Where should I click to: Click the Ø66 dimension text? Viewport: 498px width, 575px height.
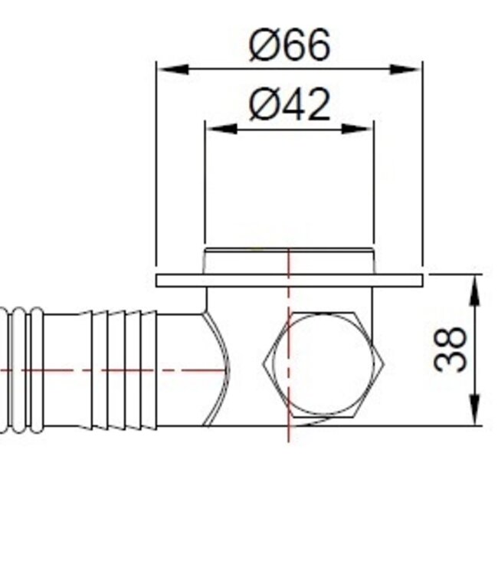[x=290, y=45]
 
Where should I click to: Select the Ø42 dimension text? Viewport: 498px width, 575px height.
[x=290, y=105]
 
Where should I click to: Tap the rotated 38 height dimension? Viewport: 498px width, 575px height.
[x=451, y=350]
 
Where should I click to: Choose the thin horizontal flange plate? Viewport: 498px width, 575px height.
[x=230, y=281]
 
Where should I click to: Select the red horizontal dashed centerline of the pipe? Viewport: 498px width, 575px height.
[x=115, y=370]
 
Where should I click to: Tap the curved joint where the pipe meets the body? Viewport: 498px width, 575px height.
[x=215, y=368]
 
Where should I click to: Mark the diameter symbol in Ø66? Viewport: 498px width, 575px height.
[x=263, y=46]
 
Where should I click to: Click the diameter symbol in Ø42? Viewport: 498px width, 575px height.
[x=263, y=106]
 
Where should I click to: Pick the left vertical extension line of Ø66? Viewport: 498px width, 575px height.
[x=156, y=169]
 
